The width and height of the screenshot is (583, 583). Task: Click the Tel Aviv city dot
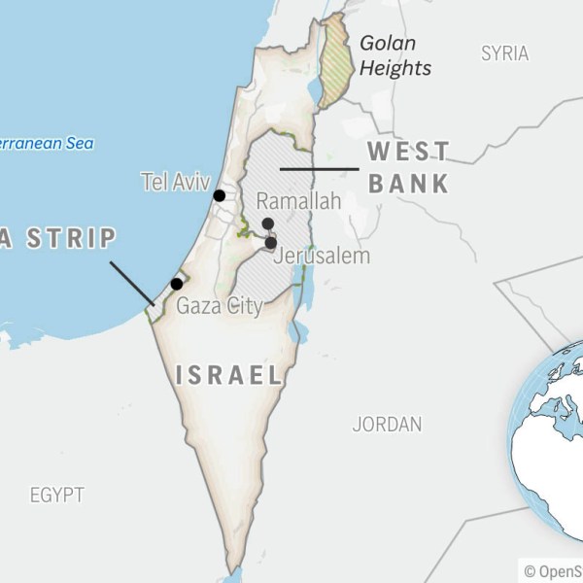pos(220,195)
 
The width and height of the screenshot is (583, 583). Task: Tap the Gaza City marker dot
pos(176,284)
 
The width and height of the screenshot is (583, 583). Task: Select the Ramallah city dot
pos(267,223)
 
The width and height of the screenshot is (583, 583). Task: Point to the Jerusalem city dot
pos(271,243)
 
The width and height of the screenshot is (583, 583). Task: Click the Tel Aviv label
pos(175,181)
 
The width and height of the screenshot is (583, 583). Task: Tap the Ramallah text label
pos(298,202)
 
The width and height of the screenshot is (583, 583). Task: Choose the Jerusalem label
pos(322,257)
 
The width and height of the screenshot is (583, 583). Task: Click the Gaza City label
pos(220,307)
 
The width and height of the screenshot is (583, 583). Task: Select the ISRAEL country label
pos(229,375)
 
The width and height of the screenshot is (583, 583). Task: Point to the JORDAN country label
pos(387,425)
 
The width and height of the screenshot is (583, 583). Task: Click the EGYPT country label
pos(56,495)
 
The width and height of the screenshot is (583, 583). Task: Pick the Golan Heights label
pos(394,55)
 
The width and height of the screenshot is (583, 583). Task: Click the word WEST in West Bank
pos(408,152)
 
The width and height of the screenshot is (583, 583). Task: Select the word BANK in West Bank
pos(408,183)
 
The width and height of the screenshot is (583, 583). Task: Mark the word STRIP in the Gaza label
pos(71,238)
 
